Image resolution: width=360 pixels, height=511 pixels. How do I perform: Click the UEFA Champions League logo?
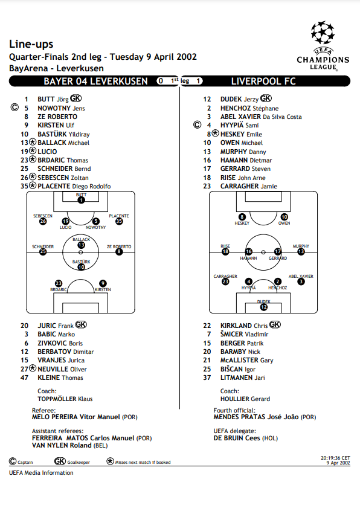click(323, 46)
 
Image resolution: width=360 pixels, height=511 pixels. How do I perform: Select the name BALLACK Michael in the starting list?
click(63, 143)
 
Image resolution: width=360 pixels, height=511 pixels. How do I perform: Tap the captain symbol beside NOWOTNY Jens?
click(14, 108)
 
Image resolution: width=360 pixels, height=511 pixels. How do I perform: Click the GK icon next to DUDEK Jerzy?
click(266, 98)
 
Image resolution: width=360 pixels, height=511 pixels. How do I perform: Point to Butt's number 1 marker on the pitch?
click(81, 200)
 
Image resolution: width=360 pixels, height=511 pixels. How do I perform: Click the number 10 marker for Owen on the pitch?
click(284, 217)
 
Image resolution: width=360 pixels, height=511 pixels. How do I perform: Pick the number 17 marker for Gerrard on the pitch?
click(278, 251)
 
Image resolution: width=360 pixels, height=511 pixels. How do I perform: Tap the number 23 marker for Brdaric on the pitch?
click(59, 283)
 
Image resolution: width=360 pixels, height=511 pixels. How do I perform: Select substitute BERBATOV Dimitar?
click(65, 352)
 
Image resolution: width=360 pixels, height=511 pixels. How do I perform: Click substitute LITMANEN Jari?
click(242, 378)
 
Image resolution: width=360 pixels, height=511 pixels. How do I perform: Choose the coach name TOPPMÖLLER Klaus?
click(65, 399)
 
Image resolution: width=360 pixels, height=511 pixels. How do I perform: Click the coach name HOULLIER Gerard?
click(245, 399)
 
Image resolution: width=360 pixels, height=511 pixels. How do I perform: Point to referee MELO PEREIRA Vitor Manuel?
click(76, 417)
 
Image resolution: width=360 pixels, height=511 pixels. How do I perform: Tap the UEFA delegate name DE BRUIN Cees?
click(237, 438)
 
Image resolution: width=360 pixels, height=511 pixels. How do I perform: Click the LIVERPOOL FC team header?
click(263, 81)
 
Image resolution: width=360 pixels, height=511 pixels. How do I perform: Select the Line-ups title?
click(31, 44)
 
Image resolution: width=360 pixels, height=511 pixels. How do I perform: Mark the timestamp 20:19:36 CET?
click(335, 458)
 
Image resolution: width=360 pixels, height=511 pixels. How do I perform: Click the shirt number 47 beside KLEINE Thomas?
click(24, 378)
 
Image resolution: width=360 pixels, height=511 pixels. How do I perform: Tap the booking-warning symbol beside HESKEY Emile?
click(216, 133)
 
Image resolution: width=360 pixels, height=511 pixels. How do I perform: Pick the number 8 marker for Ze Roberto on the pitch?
click(119, 252)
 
